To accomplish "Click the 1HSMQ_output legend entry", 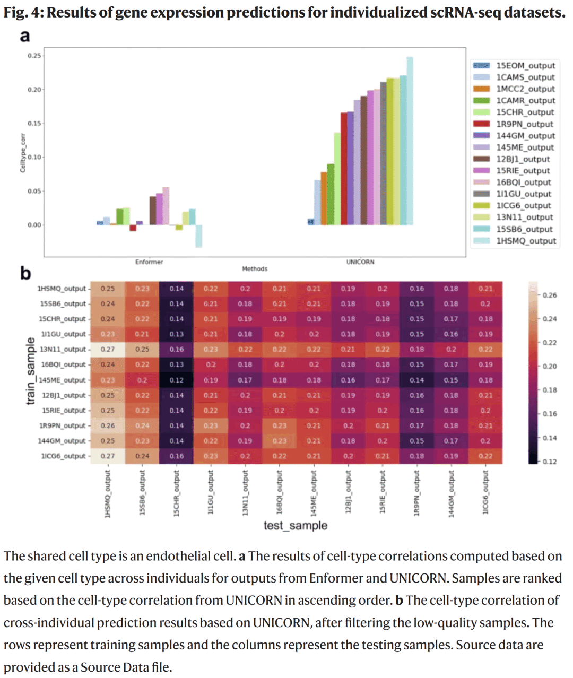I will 525,241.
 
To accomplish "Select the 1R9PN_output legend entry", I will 524,124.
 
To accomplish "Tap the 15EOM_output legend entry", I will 525,66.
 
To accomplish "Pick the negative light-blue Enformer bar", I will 198,236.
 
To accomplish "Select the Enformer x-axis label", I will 149,262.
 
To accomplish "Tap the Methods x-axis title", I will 255,269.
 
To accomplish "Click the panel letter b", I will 25,274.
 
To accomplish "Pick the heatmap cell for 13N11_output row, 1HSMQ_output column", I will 108,350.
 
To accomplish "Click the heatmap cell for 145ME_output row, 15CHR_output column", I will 177,380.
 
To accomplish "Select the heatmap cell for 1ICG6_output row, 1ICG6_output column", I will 485,456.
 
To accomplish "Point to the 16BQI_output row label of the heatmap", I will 63,365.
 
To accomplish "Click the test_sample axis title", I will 296,526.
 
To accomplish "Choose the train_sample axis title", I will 31,371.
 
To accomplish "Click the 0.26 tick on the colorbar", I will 550,295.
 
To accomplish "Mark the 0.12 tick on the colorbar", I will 550,462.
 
